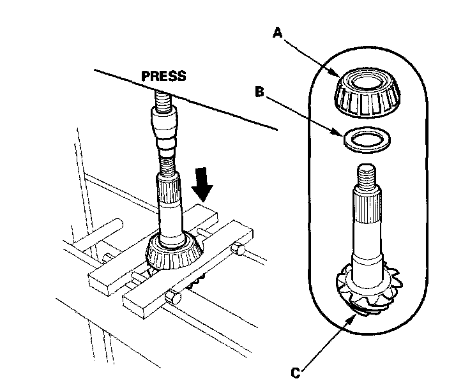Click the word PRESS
[x=163, y=76]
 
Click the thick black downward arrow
[x=203, y=184]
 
